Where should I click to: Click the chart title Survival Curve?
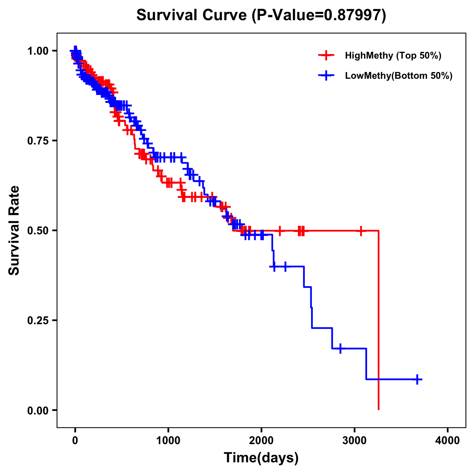[192, 15]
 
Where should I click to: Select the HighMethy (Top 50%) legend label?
[393, 55]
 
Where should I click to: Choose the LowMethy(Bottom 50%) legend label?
[399, 76]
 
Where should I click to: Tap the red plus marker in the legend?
[326, 55]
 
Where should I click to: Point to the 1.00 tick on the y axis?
[38, 51]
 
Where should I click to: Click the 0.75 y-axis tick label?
[38, 141]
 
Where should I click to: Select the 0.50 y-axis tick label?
[38, 230]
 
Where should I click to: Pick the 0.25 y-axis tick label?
[38, 320]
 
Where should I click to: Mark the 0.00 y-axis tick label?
[38, 410]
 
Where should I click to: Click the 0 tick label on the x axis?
[75, 441]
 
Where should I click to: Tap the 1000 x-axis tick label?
[168, 441]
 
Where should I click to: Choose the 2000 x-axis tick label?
[261, 441]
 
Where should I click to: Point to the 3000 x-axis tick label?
[355, 441]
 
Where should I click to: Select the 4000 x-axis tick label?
[448, 441]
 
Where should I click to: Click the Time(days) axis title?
[261, 458]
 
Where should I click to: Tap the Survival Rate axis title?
[14, 230]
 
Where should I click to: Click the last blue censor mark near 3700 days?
[417, 379]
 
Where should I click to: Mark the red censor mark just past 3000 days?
[361, 230]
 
